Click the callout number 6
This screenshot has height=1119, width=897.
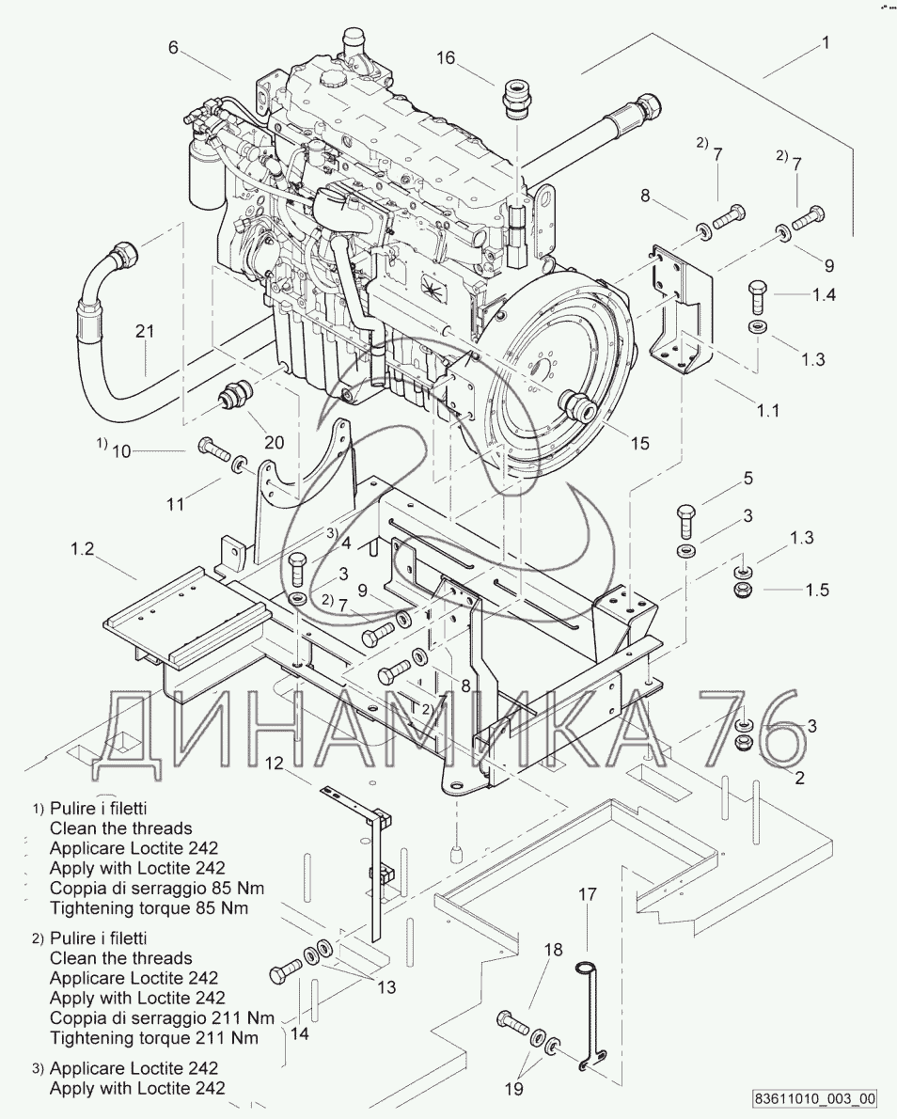pyautogui.click(x=173, y=48)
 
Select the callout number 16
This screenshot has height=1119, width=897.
pyautogui.click(x=445, y=58)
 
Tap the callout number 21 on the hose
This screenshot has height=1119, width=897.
pyautogui.click(x=145, y=331)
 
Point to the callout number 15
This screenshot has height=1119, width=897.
pyautogui.click(x=639, y=443)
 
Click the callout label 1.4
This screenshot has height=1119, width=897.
pyautogui.click(x=824, y=294)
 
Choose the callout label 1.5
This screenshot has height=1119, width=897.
pyautogui.click(x=817, y=590)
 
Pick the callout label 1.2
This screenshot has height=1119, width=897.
pyautogui.click(x=83, y=549)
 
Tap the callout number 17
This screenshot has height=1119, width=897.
pyautogui.click(x=587, y=894)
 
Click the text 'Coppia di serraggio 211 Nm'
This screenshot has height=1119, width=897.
pyautogui.click(x=162, y=1018)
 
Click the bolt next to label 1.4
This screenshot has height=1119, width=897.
pyautogui.click(x=758, y=297)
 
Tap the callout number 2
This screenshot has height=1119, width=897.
pyautogui.click(x=799, y=777)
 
